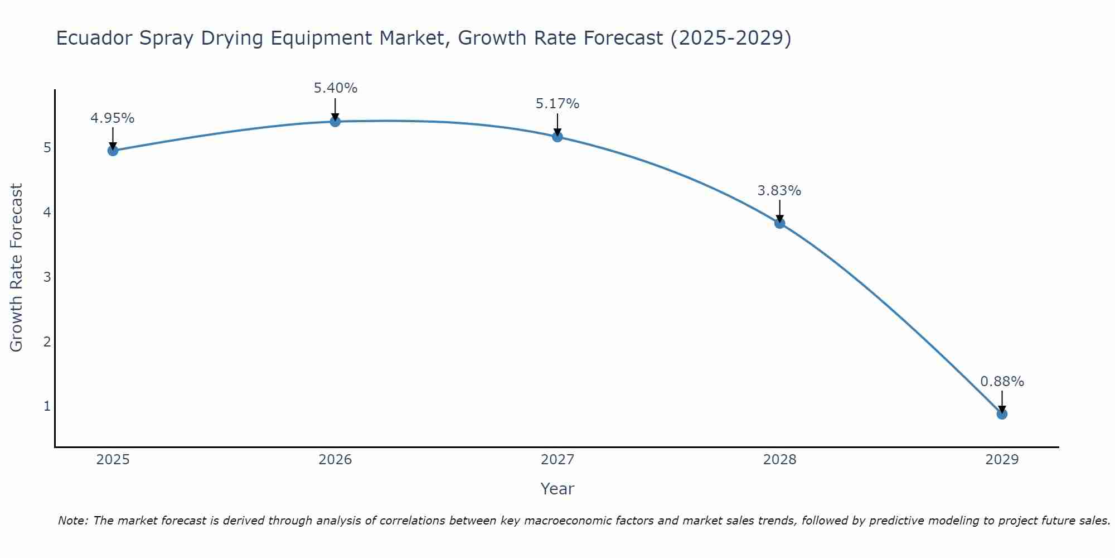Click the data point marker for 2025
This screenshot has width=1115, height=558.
113,150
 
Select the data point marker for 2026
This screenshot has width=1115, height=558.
335,121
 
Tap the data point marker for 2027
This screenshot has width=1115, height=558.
557,136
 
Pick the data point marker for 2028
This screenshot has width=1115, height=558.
779,223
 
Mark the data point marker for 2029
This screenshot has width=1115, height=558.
1002,414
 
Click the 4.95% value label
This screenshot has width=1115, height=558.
113,118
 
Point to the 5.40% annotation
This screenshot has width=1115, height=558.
335,88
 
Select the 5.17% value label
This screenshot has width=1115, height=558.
557,104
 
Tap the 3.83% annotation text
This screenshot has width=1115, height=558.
779,191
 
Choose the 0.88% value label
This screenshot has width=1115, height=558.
1002,382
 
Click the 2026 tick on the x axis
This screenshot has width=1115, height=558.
335,460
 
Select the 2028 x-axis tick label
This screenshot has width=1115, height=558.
779,460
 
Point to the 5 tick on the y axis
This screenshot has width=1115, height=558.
47,148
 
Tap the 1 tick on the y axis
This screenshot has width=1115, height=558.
47,406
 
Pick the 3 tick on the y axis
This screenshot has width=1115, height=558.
47,277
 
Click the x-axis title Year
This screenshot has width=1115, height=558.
557,489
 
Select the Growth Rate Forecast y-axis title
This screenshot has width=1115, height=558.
17,268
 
